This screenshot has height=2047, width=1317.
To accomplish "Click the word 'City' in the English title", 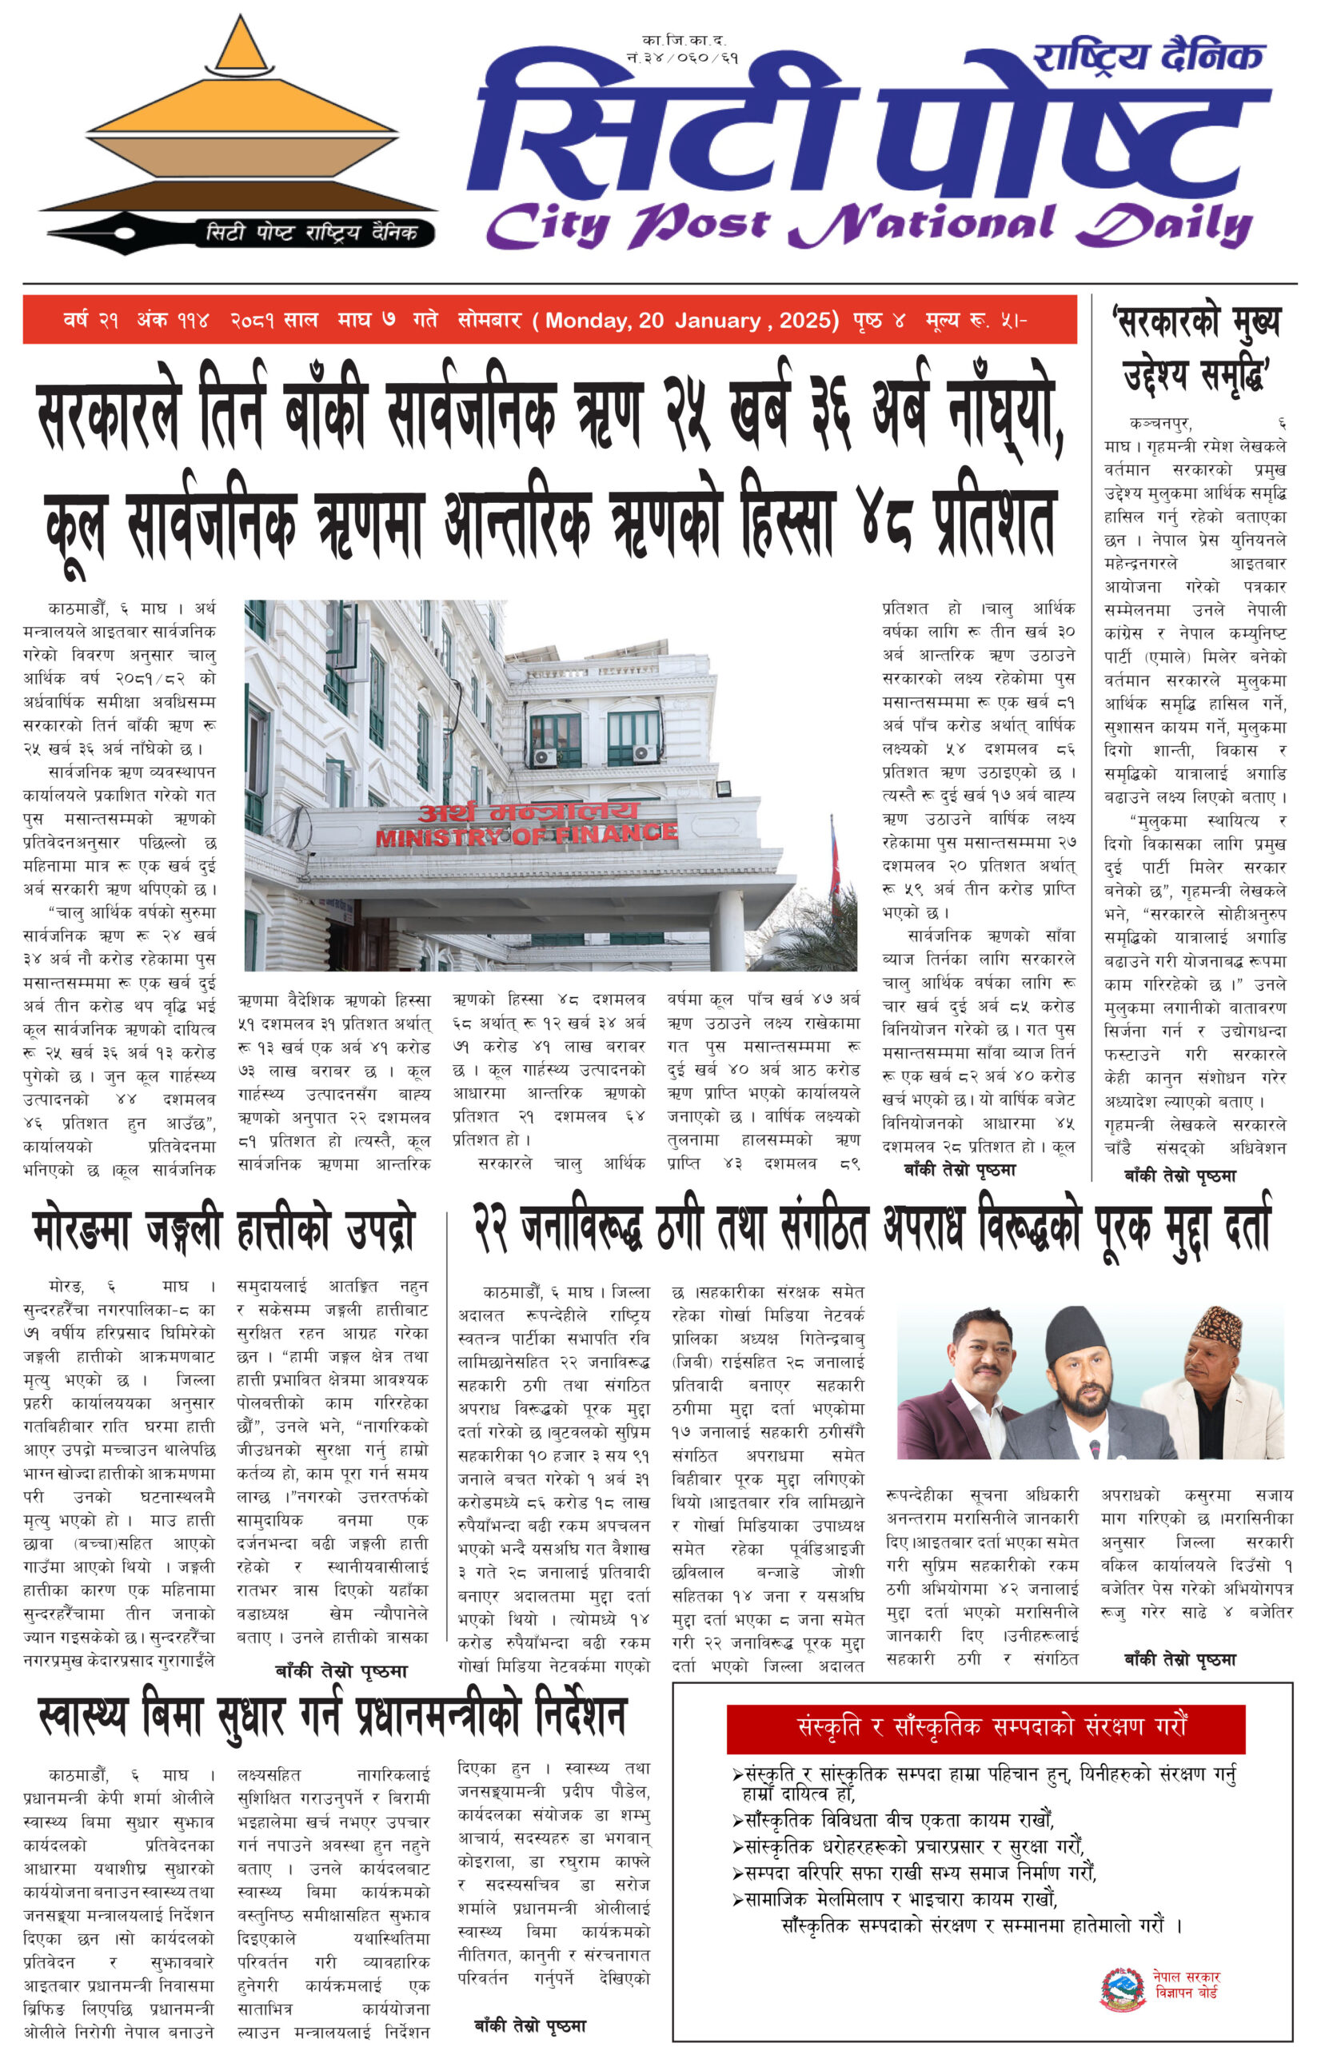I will pyautogui.click(x=547, y=225).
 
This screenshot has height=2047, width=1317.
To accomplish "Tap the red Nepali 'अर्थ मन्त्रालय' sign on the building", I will pyautogui.click(x=528, y=811).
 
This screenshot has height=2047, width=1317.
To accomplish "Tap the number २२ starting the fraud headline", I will pyautogui.click(x=491, y=1230).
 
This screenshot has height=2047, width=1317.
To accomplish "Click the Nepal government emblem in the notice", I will pyautogui.click(x=1122, y=1989).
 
